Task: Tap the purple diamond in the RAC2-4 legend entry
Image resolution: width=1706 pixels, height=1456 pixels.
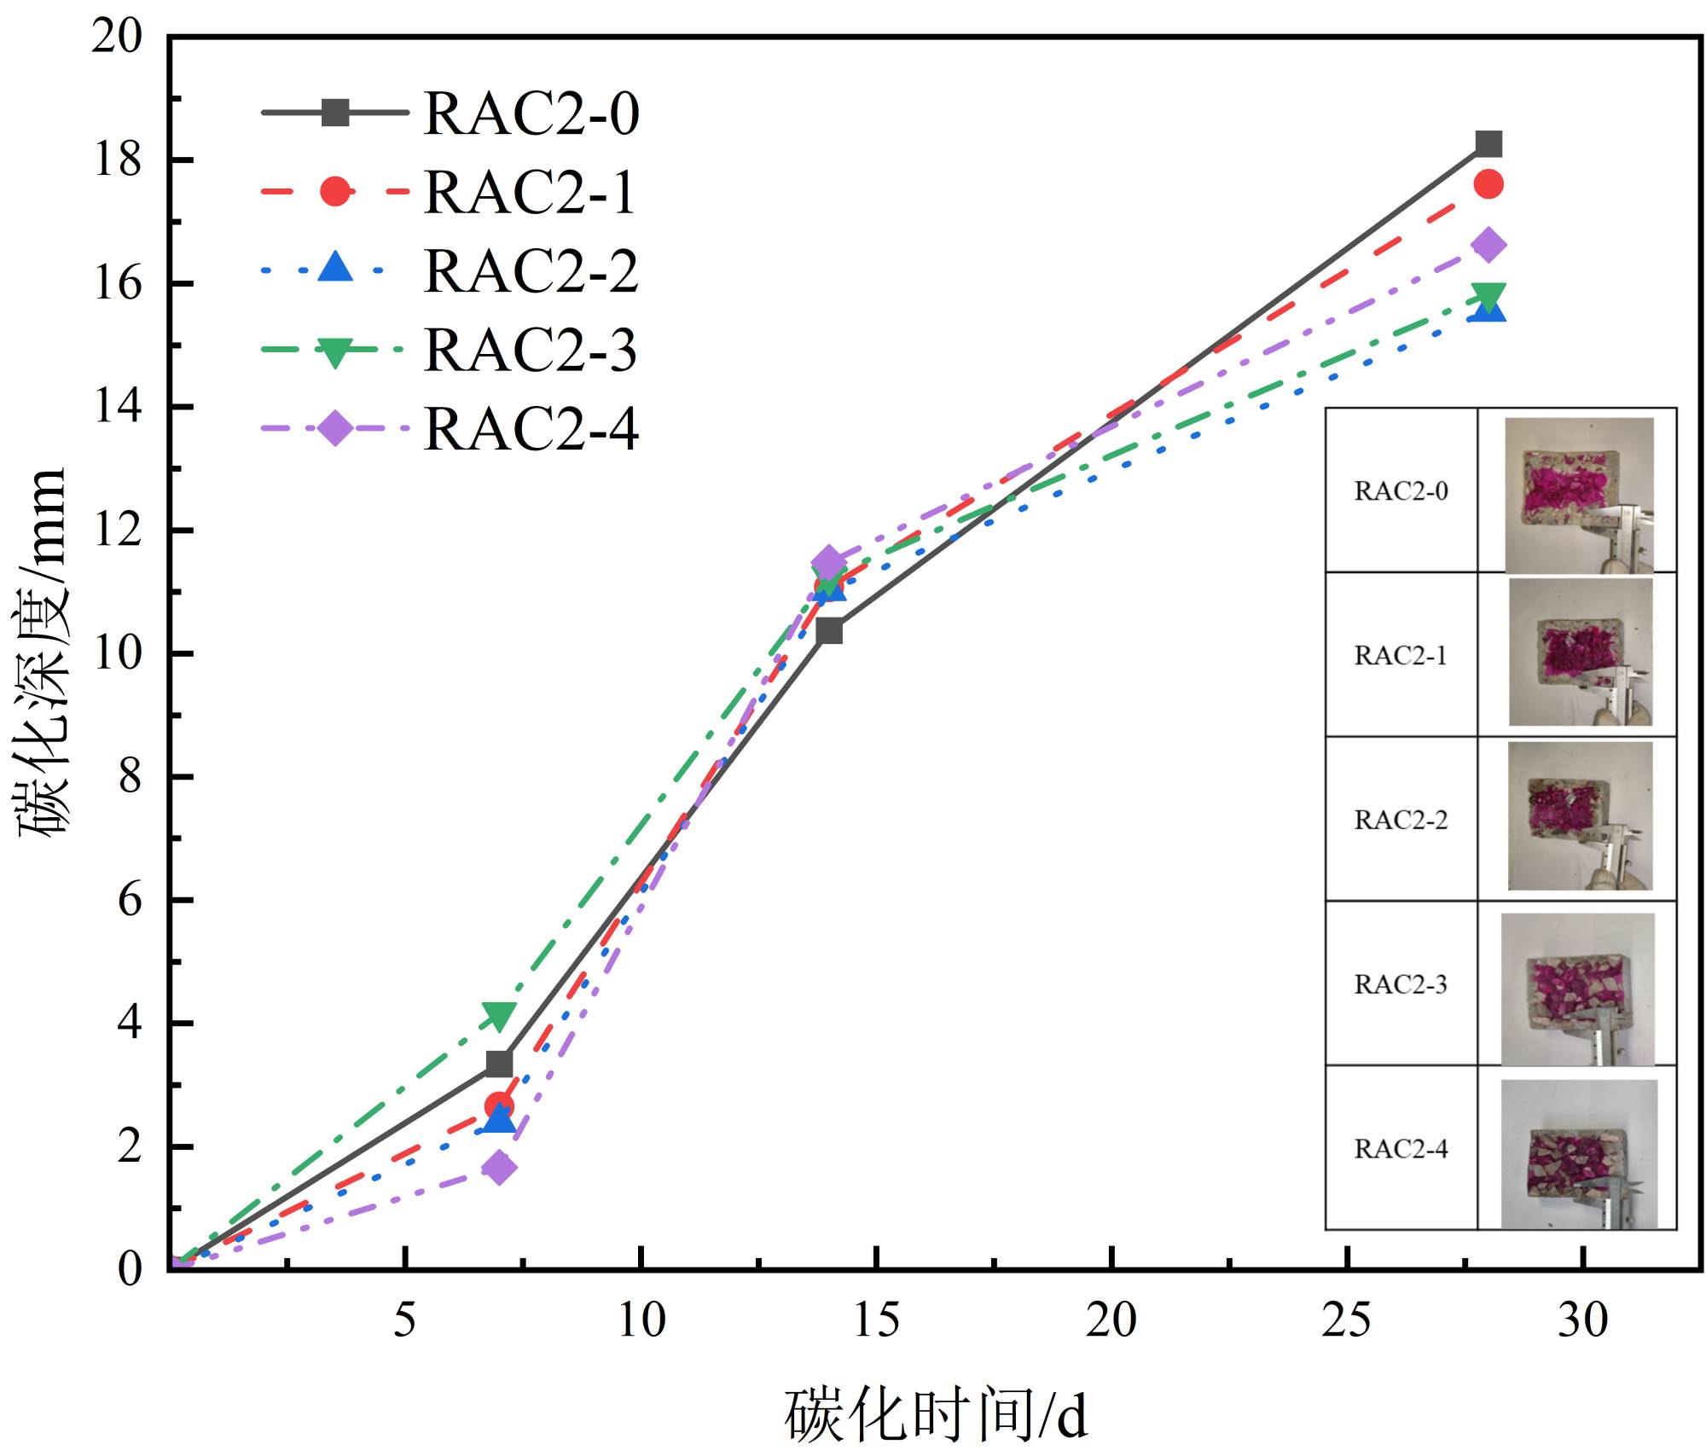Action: (335, 427)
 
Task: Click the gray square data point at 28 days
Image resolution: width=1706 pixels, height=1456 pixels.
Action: (1488, 144)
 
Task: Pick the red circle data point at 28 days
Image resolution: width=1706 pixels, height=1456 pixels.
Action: (1488, 184)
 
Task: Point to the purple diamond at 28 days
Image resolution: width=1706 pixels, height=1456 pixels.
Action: (1488, 246)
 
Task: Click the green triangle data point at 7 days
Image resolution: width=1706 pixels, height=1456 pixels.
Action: (499, 1015)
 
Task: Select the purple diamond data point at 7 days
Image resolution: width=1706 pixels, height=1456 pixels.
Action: (499, 1168)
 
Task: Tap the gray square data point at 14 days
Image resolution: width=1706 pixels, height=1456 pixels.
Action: (829, 631)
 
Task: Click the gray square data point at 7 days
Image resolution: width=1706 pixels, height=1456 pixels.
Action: (499, 1064)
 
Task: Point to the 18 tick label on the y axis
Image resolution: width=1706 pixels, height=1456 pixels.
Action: (118, 160)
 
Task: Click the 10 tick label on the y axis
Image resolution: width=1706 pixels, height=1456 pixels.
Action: (118, 653)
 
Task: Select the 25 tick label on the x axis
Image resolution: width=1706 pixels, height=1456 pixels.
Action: (1347, 1320)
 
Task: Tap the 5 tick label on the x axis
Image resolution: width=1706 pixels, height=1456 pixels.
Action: (404, 1320)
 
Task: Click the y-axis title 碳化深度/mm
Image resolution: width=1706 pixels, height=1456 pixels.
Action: (43, 653)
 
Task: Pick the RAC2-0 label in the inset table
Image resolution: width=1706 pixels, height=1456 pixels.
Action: (1401, 491)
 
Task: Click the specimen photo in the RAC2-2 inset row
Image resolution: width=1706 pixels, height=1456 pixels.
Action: (1579, 816)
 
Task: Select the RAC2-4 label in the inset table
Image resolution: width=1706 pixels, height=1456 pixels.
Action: (1401, 1149)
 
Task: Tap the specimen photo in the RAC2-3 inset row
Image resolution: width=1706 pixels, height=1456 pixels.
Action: (1577, 989)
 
